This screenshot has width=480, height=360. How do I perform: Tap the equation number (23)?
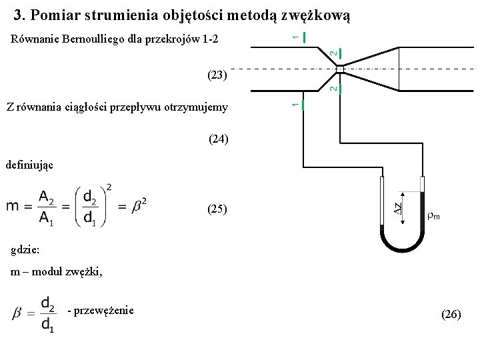[217, 75]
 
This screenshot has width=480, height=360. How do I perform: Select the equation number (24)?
[218, 139]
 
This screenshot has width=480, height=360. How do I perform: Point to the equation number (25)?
[217, 209]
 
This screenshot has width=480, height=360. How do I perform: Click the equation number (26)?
[451, 313]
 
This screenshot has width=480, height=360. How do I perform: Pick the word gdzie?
[26, 249]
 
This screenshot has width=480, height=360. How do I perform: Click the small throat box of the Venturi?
[339, 69]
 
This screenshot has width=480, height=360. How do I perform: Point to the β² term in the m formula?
[140, 205]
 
